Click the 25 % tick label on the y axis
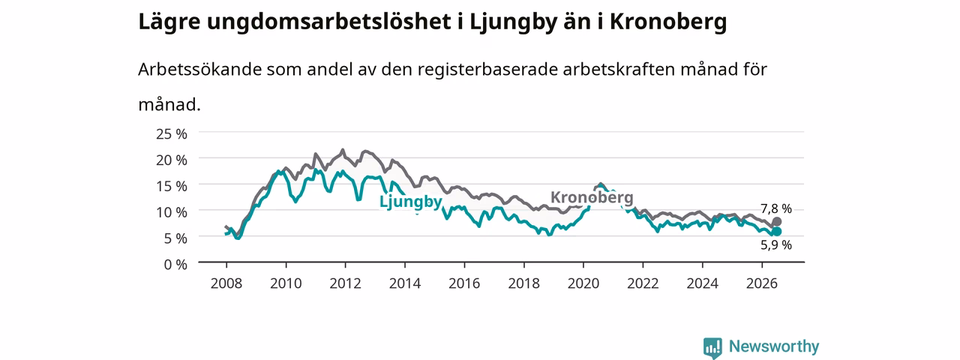172,134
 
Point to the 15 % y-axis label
172,186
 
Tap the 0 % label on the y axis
175,265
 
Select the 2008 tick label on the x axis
226,283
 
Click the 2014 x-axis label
405,283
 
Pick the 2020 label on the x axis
583,283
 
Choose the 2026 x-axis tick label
762,283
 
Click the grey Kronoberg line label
592,197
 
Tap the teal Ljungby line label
410,202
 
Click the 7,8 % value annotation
776,208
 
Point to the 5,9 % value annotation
776,245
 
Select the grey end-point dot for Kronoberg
776,221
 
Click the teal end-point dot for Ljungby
776,232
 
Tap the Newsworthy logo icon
712,347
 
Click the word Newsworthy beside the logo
774,346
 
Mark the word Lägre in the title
169,22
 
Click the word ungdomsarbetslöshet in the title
329,22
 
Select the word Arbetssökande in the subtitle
199,69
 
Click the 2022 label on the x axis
643,283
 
